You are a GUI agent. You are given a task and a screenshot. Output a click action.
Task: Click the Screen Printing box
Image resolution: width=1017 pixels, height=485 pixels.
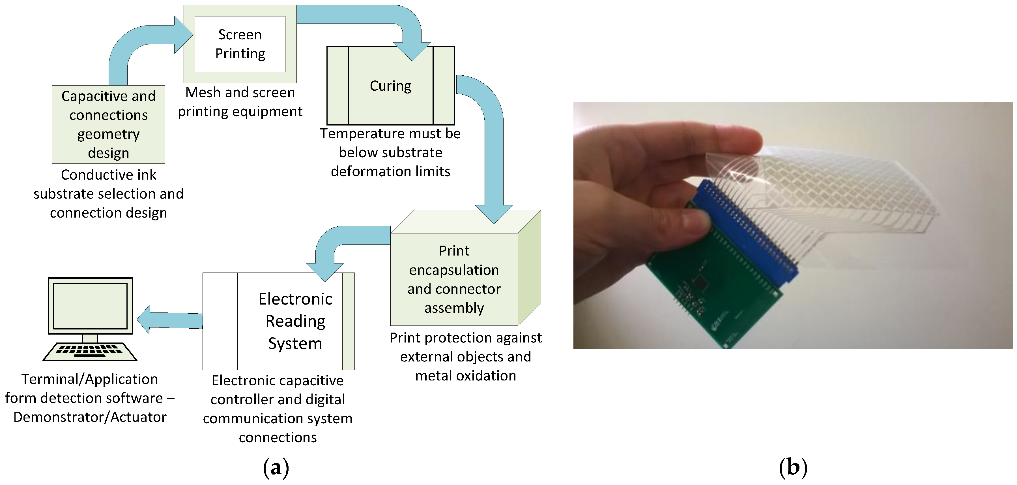tap(240, 44)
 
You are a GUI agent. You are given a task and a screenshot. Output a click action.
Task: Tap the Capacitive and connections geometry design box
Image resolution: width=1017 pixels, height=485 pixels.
tap(109, 124)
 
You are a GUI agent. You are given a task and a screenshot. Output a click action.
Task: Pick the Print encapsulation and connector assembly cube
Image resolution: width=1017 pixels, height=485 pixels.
tap(454, 279)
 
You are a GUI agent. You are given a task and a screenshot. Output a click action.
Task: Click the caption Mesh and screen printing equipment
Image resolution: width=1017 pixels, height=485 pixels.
tap(240, 102)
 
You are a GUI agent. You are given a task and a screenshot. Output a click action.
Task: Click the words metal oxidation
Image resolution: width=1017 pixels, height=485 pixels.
tap(465, 376)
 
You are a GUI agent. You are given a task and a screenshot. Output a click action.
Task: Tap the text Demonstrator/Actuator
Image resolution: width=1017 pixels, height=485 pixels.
tap(90, 417)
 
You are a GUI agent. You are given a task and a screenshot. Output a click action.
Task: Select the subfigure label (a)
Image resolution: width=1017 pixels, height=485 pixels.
tap(276, 468)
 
